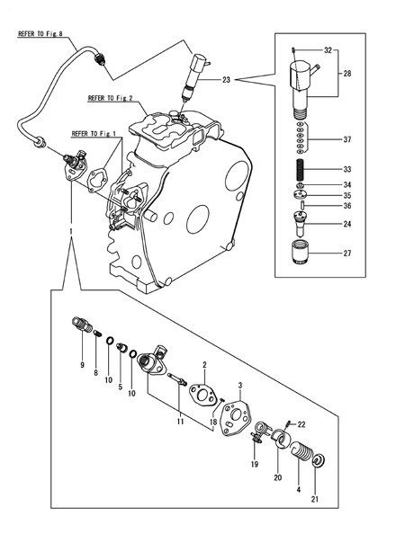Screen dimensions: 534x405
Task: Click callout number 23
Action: pyautogui.click(x=225, y=81)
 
